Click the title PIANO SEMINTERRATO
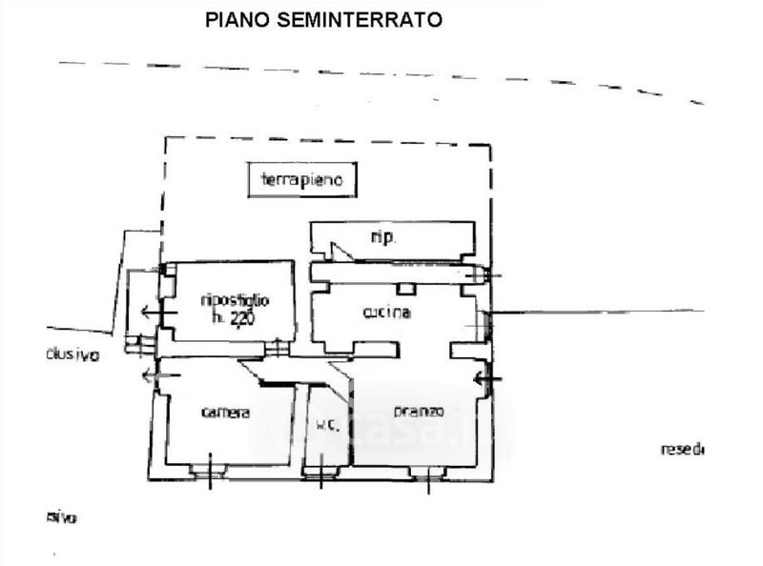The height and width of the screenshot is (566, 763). click(324, 19)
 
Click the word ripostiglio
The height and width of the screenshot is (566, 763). click(235, 301)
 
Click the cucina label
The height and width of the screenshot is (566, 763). click(386, 313)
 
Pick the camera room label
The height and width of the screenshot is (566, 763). click(226, 413)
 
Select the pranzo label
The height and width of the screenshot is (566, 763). click(419, 413)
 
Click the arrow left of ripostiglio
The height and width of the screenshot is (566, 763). click(149, 312)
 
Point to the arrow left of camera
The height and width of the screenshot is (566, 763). click(153, 376)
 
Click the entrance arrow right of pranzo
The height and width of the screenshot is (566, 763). click(486, 381)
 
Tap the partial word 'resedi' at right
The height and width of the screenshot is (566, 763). click(682, 449)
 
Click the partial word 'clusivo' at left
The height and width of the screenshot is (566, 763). click(72, 354)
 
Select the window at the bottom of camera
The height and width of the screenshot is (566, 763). click(207, 469)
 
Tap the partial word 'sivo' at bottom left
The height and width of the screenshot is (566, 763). click(61, 517)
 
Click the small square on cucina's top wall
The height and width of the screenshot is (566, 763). click(406, 288)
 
